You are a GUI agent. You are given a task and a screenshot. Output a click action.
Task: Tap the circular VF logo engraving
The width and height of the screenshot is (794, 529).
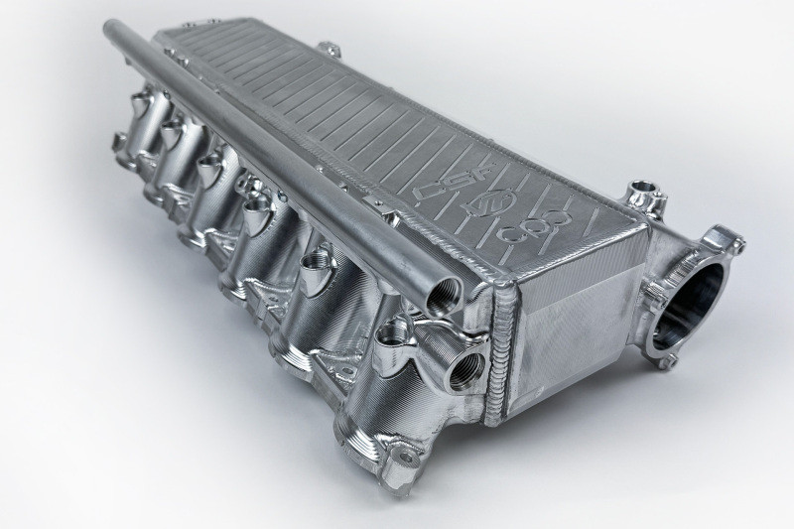click(500, 205)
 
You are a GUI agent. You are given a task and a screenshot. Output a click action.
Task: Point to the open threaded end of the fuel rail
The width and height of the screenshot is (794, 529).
click(438, 297)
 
